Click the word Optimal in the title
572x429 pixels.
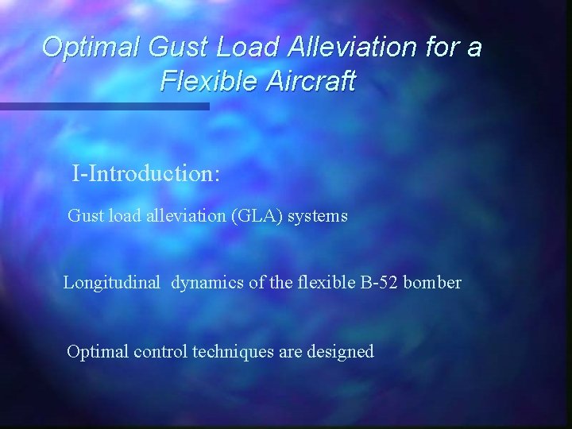point(91,48)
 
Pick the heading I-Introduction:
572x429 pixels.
point(145,172)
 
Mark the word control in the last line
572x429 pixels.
point(163,351)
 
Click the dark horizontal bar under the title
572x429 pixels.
point(104,106)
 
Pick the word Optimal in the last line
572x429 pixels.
point(98,351)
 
